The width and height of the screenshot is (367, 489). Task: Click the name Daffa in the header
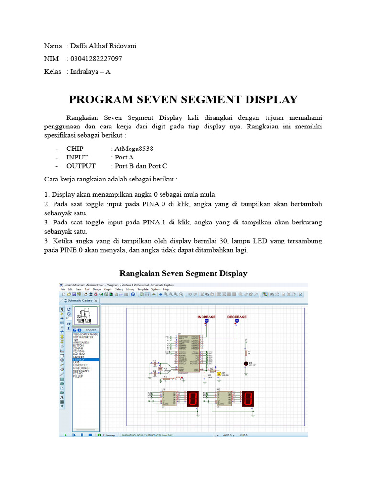coord(80,46)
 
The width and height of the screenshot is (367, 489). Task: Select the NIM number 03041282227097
coord(97,59)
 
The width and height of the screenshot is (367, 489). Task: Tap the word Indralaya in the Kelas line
coord(85,72)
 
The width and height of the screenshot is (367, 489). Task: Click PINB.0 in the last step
coord(57,250)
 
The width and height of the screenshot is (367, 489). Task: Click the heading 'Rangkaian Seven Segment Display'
coord(183,274)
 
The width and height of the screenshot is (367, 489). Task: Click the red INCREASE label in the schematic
coord(206,317)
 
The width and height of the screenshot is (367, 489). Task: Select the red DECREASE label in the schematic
coord(237,317)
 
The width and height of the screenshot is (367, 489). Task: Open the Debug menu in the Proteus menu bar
coord(119,289)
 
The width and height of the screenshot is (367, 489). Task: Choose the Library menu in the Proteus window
coord(130,289)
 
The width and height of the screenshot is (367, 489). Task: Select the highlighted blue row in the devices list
coord(85,359)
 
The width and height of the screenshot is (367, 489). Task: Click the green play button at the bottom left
coord(65,435)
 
